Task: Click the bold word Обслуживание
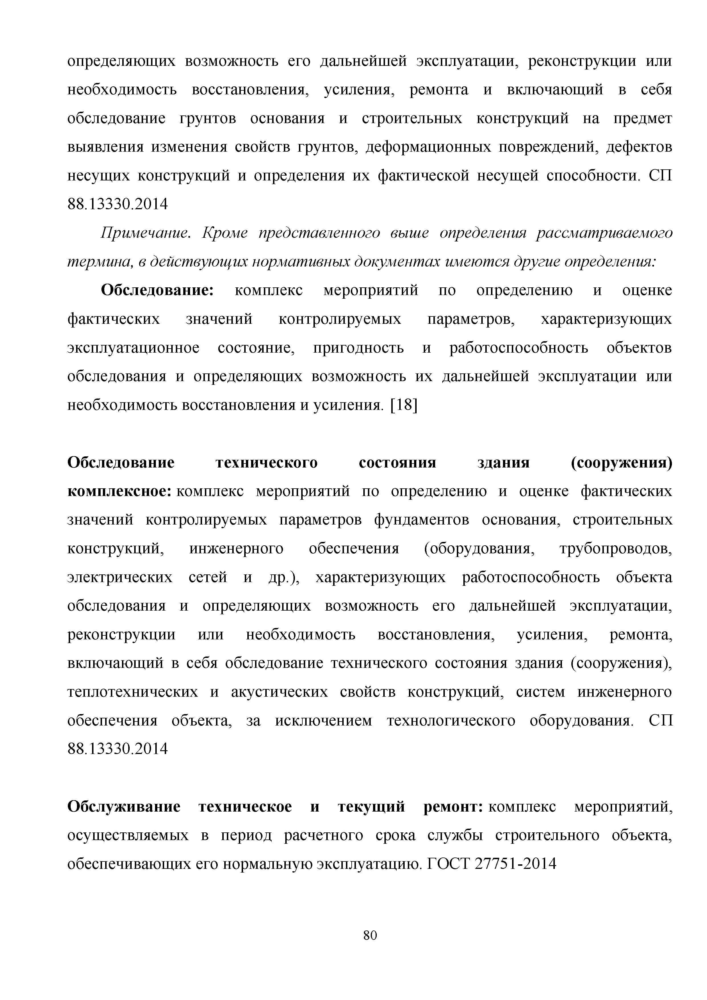124,807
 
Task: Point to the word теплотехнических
132,692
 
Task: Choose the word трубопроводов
616,549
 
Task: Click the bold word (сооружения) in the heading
621,463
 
